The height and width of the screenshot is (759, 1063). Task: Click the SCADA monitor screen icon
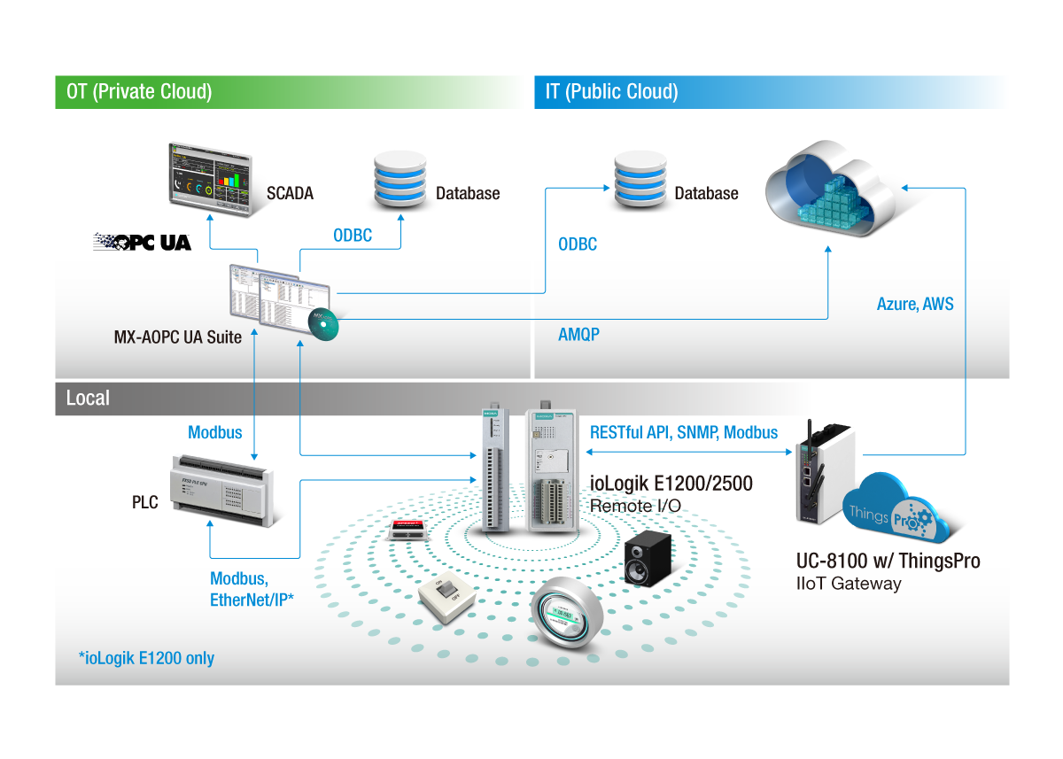(x=209, y=175)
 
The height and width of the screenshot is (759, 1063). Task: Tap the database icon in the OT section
(x=400, y=178)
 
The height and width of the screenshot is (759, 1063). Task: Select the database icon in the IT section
(x=640, y=178)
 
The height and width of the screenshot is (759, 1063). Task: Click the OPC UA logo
(x=143, y=242)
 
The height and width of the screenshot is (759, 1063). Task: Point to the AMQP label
(x=578, y=334)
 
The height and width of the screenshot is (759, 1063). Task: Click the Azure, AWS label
(x=915, y=304)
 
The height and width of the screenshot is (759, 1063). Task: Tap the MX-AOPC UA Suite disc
(x=322, y=326)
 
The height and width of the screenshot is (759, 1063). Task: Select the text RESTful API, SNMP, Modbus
(x=684, y=432)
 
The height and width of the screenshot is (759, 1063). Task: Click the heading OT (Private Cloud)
(x=139, y=91)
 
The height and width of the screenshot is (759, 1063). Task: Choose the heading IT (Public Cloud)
(x=611, y=91)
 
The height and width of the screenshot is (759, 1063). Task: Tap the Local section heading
(x=88, y=398)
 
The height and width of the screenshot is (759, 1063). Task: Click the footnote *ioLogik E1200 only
(x=146, y=658)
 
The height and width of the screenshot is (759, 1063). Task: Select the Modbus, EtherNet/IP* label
(x=252, y=589)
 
